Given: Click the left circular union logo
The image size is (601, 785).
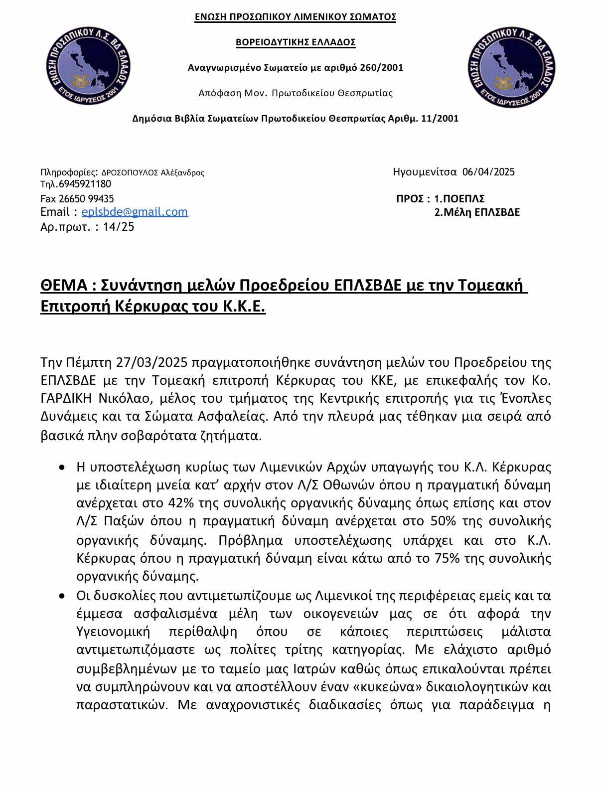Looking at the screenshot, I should pyautogui.click(x=88, y=67).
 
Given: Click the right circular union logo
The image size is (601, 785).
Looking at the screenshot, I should pyautogui.click(x=513, y=67).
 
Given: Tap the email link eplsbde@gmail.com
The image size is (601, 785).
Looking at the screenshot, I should pyautogui.click(x=135, y=212).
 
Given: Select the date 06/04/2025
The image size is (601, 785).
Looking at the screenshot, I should pyautogui.click(x=488, y=172).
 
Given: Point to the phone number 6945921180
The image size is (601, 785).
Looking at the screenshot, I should pyautogui.click(x=85, y=184).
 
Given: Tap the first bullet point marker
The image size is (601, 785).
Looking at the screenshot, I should pyautogui.click(x=61, y=468).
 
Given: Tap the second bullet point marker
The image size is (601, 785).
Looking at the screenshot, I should pyautogui.click(x=61, y=596).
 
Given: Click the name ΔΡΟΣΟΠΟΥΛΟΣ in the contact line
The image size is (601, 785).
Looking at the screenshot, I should pyautogui.click(x=130, y=173).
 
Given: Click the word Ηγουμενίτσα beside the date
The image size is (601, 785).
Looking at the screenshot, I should pyautogui.click(x=425, y=172).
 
